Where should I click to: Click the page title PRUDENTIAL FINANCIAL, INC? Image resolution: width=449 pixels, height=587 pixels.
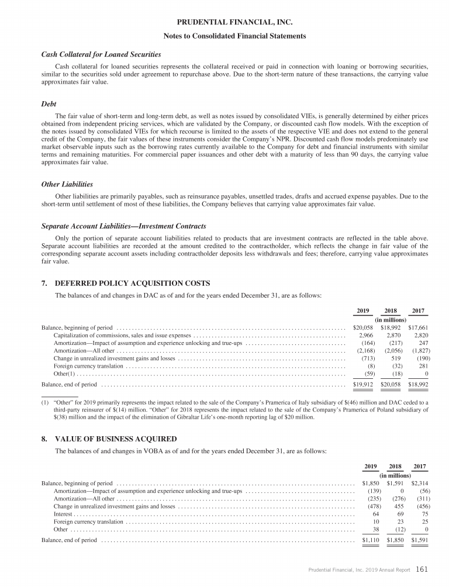click(224, 23)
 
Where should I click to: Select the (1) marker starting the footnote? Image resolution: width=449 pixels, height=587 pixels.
click(44, 402)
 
